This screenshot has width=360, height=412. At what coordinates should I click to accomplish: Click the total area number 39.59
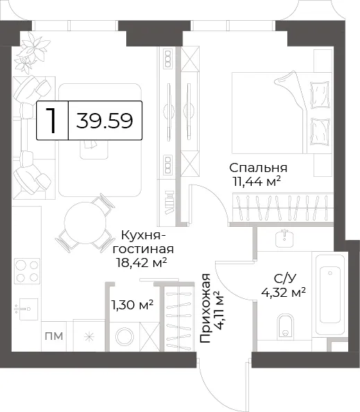tap(105, 121)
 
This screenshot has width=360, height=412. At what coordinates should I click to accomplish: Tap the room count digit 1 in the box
tap(52, 121)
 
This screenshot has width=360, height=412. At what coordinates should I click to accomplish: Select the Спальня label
tap(258, 168)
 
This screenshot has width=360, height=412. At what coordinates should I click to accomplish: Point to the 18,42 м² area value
tap(142, 262)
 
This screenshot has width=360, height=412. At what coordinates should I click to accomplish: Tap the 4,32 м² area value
tap(283, 292)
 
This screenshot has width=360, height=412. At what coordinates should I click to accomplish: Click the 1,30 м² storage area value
tap(132, 305)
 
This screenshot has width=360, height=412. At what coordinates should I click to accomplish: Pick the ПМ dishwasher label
tap(54, 336)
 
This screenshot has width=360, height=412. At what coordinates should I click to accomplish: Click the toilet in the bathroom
tap(285, 325)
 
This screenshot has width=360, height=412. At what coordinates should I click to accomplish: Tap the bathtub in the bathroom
tap(329, 295)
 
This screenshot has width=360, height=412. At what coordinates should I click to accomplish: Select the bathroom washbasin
tap(285, 238)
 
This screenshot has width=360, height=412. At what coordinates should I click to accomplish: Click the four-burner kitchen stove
tap(27, 271)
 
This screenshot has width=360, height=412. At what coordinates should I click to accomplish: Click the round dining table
tap(85, 223)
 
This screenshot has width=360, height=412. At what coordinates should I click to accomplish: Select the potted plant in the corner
tap(32, 53)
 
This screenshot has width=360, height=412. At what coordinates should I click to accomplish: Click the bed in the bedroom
tap(281, 112)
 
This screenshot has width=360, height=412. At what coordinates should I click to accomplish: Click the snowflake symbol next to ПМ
tap(89, 337)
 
